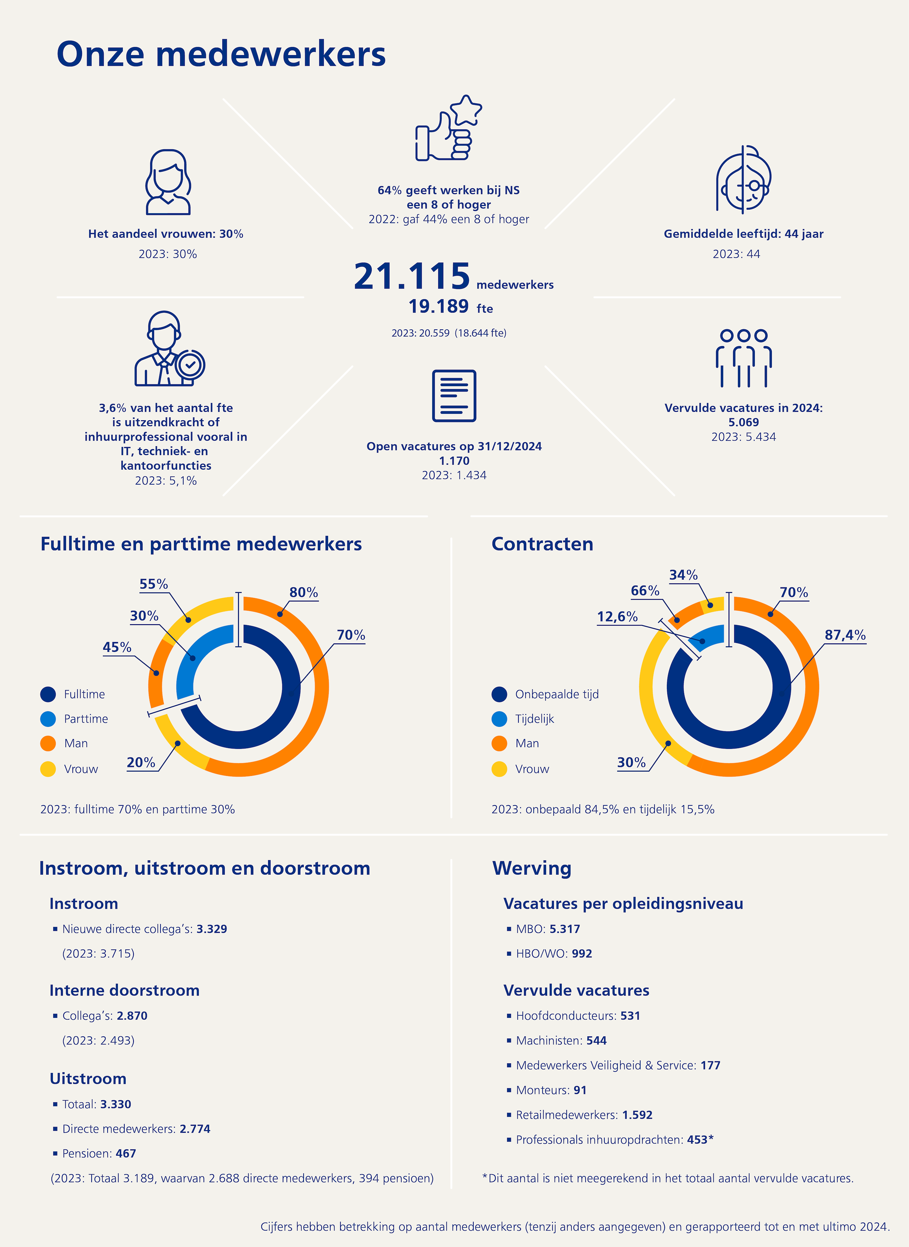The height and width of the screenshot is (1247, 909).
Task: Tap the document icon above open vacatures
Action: (454, 395)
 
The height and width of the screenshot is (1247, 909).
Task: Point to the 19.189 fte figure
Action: (451, 307)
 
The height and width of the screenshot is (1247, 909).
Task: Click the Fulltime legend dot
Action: (48, 694)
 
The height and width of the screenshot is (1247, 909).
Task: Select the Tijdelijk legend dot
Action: (499, 719)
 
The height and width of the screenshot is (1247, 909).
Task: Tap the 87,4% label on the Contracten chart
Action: (845, 635)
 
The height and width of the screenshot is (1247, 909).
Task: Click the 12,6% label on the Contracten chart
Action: (617, 617)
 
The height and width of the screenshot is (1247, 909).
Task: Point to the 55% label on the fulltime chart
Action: (153, 584)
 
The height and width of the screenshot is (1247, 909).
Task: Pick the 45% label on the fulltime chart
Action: (117, 647)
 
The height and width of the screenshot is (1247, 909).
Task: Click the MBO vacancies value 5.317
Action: (565, 929)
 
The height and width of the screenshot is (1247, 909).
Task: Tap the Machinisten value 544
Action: (597, 1041)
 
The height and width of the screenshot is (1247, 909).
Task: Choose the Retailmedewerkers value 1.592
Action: (637, 1115)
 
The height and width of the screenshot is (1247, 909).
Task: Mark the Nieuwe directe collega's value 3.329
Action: (212, 929)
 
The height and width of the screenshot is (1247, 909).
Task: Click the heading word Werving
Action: (532, 869)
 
